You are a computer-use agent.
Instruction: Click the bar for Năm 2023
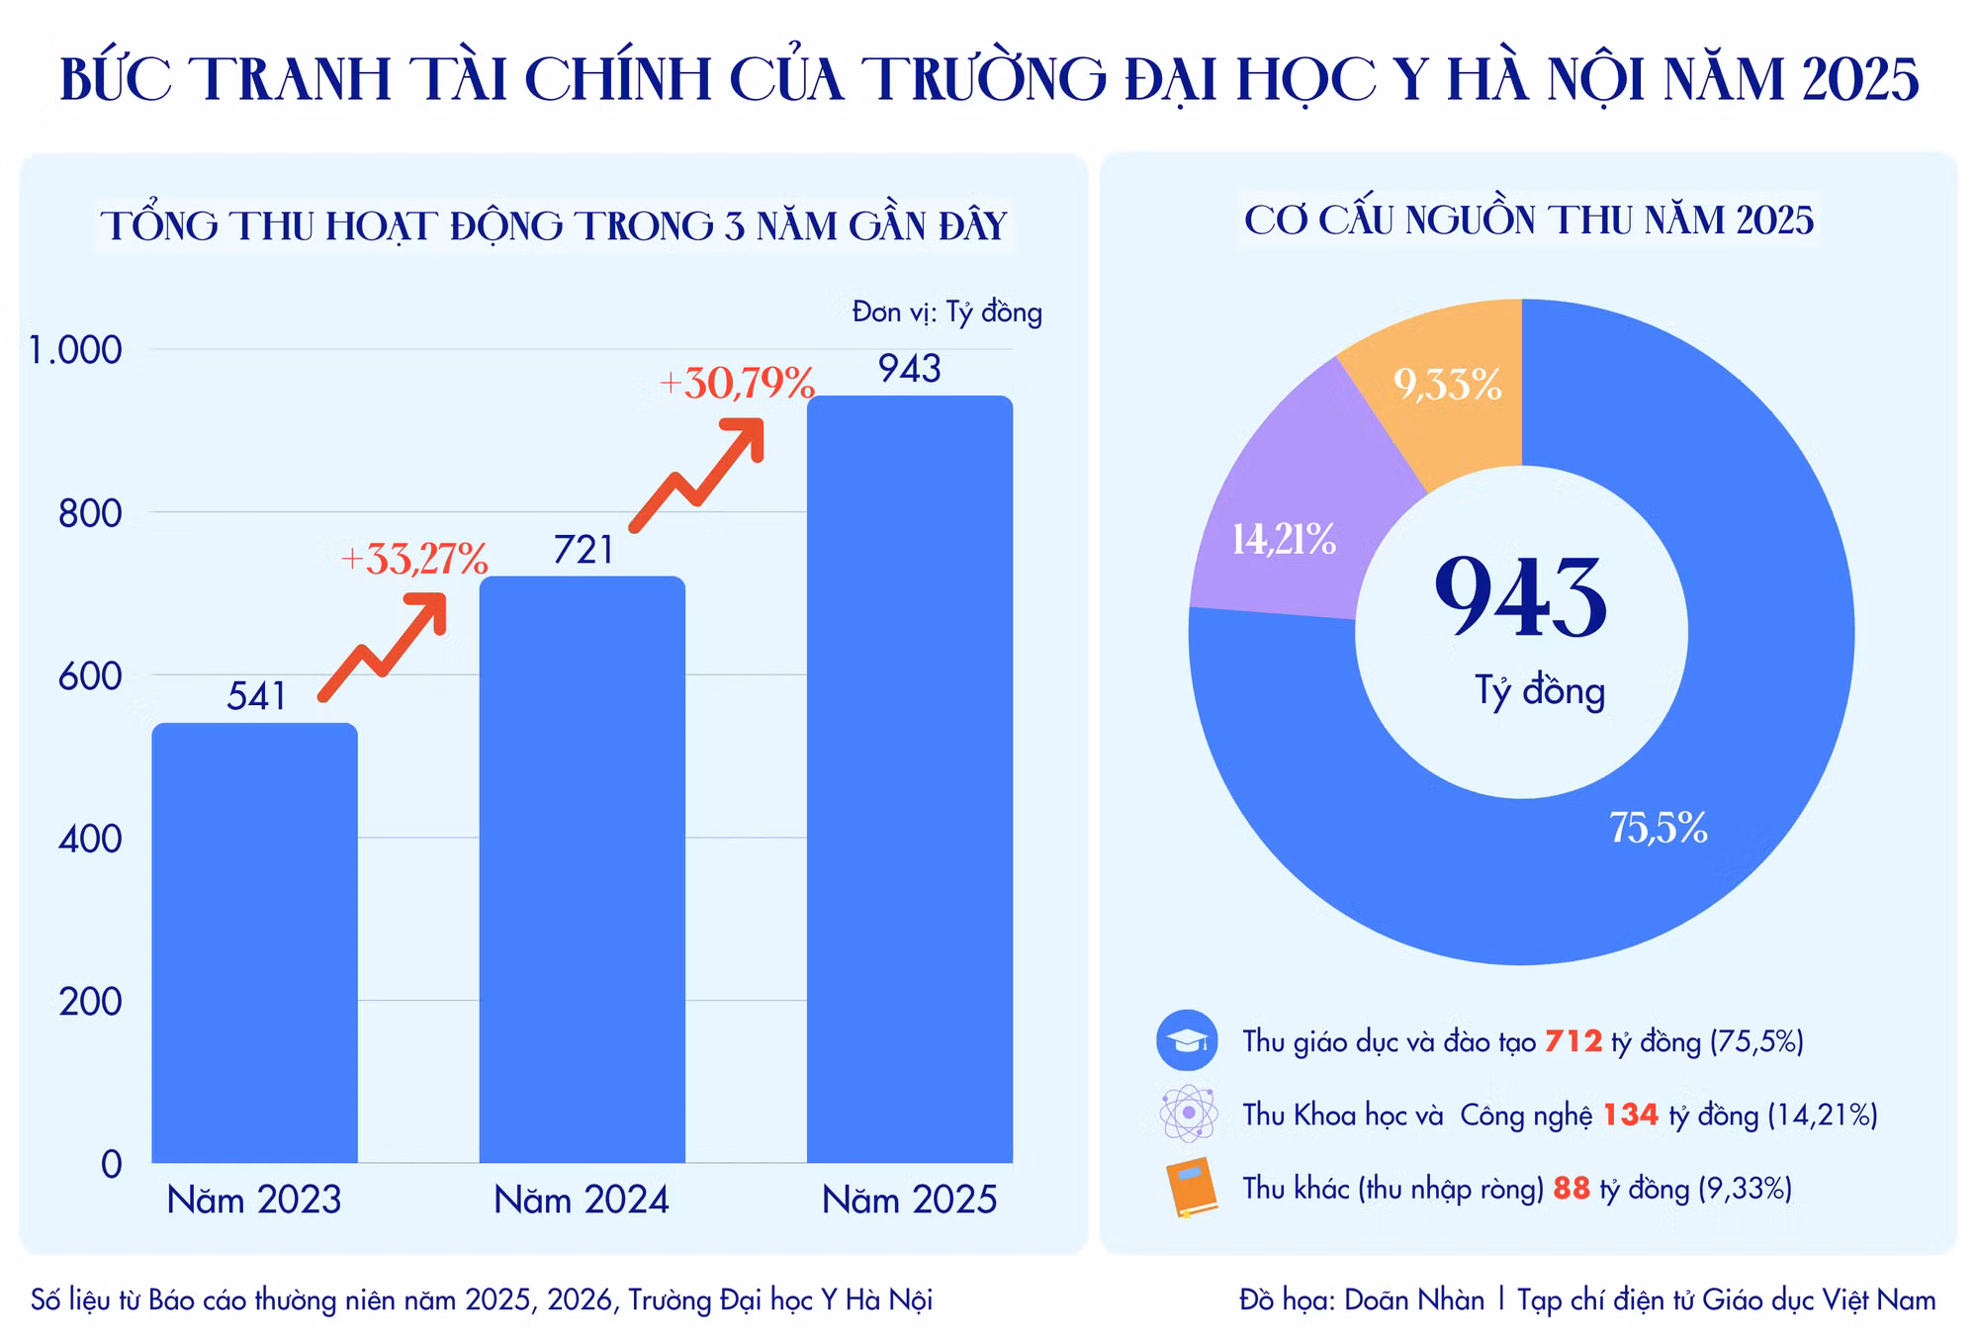[254, 942]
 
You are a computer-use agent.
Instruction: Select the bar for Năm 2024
[583, 869]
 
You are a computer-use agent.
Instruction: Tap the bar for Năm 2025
[910, 779]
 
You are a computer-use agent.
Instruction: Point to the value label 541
[256, 696]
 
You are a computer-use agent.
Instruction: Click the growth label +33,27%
[414, 559]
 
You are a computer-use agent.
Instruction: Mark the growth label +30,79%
[737, 383]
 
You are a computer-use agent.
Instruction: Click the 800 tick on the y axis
[90, 513]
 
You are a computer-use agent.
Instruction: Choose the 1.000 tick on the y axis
[75, 350]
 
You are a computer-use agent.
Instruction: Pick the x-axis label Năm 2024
[582, 1200]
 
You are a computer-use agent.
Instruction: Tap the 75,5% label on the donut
[1659, 828]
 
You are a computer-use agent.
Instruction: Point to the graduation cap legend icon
[1187, 1040]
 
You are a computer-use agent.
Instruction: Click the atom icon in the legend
[1188, 1114]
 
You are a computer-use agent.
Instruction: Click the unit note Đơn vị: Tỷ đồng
[947, 312]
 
